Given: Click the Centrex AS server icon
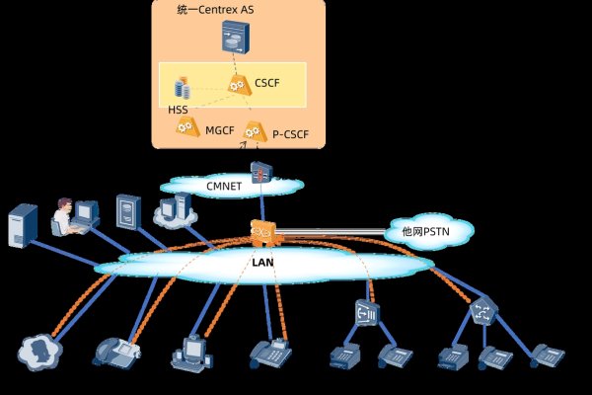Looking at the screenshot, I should click(x=238, y=39).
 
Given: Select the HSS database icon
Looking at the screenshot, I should click(x=183, y=87).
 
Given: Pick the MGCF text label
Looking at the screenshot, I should click(x=219, y=129).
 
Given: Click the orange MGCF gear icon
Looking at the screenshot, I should click(x=185, y=127).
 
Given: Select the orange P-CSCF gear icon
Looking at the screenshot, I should click(x=254, y=129).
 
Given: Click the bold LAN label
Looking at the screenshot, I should click(x=264, y=264).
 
